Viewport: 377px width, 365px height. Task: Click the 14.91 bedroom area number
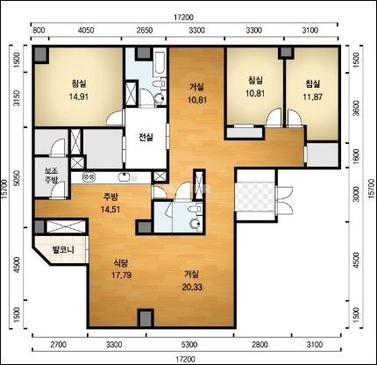pyautogui.click(x=79, y=97)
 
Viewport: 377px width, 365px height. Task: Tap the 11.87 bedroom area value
pyautogui.click(x=312, y=97)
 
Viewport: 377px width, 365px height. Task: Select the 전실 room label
pyautogui.click(x=146, y=137)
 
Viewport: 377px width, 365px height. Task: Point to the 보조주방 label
pyautogui.click(x=52, y=175)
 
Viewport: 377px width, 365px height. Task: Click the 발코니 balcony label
pyautogui.click(x=63, y=250)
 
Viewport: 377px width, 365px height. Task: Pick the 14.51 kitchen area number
pyautogui.click(x=110, y=210)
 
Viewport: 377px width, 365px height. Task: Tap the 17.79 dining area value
pyautogui.click(x=122, y=276)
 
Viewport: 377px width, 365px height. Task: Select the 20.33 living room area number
pyautogui.click(x=192, y=287)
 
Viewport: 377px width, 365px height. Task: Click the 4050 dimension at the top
pyautogui.click(x=86, y=30)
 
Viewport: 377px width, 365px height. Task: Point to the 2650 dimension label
pyautogui.click(x=145, y=30)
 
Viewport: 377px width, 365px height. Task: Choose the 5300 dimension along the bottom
pyautogui.click(x=189, y=345)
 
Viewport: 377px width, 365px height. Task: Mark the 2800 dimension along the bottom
pyautogui.click(x=260, y=345)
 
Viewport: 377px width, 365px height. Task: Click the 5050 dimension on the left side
pyautogui.click(x=18, y=178)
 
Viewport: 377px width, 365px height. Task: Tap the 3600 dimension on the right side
pyautogui.click(x=356, y=108)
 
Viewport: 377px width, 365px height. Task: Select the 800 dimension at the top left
pyautogui.click(x=39, y=30)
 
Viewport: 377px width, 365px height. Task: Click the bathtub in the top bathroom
pyautogui.click(x=160, y=62)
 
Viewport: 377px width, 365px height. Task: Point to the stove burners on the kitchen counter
pyautogui.click(x=89, y=177)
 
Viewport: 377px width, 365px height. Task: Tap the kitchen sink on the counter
pyautogui.click(x=124, y=177)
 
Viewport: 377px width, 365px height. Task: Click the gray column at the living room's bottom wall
pyautogui.click(x=146, y=318)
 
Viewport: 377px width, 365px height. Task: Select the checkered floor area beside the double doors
pyautogui.click(x=255, y=197)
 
